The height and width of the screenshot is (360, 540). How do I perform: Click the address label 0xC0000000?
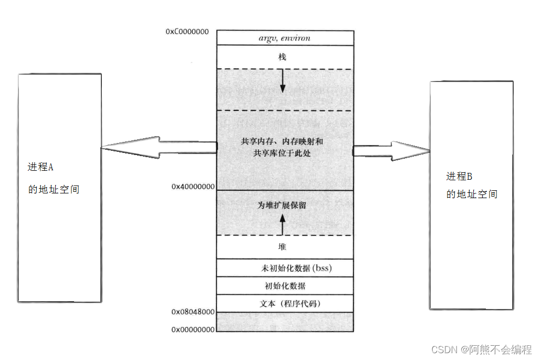pos(187,32)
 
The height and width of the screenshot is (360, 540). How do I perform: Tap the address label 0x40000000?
pos(193,187)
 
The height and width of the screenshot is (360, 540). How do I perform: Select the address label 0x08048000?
pos(193,312)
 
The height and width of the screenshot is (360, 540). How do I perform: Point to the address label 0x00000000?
pos(193,330)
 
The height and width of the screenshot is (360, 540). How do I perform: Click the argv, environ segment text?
pos(284,38)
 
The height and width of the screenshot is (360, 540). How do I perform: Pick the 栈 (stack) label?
pos(283,57)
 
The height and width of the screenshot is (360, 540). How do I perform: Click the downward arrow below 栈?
pos(283,81)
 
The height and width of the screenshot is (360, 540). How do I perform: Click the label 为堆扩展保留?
pos(282,205)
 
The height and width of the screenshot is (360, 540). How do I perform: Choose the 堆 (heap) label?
pos(283,246)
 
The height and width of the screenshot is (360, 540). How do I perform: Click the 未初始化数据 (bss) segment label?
pos(297,268)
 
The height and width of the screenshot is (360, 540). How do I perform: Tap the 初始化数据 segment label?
pos(285,286)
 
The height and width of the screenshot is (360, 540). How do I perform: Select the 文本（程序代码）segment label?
pos(290,304)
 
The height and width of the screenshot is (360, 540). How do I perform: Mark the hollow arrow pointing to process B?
pos(391,151)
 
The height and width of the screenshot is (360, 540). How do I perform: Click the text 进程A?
pos(41,168)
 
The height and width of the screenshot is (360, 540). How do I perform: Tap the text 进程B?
pos(459,176)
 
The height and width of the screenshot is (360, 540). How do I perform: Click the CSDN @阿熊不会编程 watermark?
pos(481,349)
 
